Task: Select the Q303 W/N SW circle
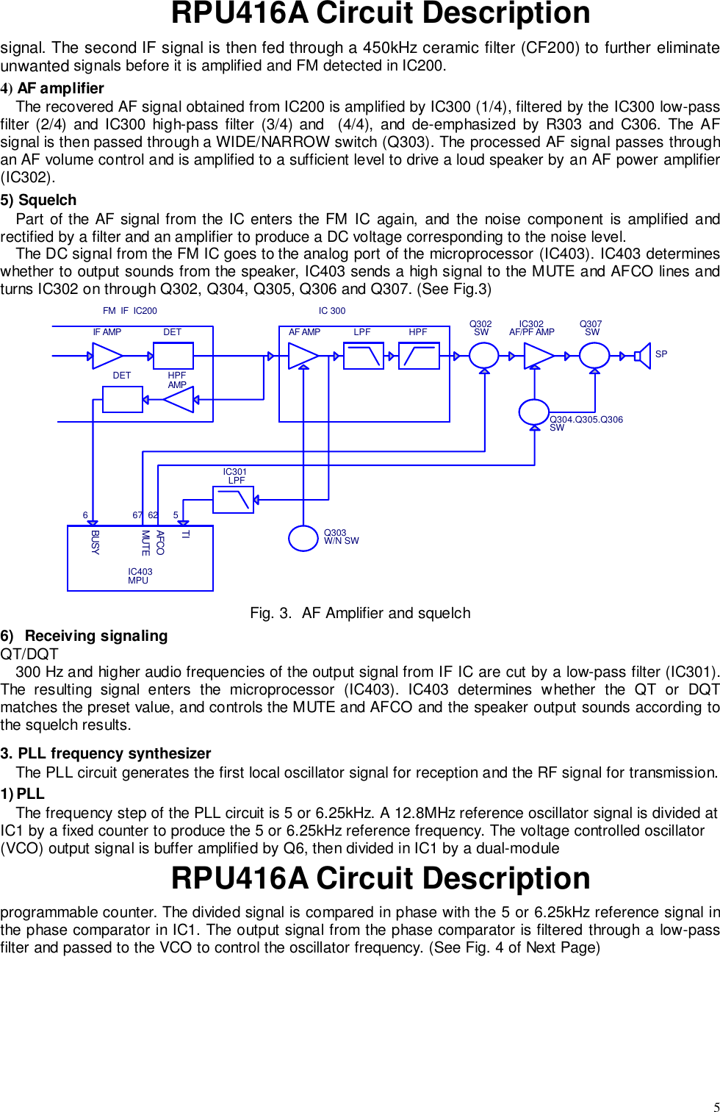pyautogui.click(x=303, y=538)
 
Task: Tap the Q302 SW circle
pyautogui.click(x=483, y=356)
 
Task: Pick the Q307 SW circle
pyautogui.click(x=594, y=356)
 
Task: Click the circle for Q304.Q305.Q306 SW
pyautogui.click(x=533, y=412)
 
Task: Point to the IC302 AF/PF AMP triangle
pyautogui.click(x=538, y=356)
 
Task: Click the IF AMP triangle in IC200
pyautogui.click(x=107, y=356)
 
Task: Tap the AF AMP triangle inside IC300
pyautogui.click(x=302, y=356)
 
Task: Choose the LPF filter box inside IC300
pyautogui.click(x=364, y=356)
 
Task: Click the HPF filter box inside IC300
pyautogui.click(x=419, y=356)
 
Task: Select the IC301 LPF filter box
pyautogui.click(x=233, y=500)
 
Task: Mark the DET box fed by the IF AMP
pyautogui.click(x=173, y=356)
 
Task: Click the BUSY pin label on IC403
pyautogui.click(x=95, y=542)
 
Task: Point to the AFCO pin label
pyautogui.click(x=160, y=542)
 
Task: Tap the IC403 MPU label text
pyautogui.click(x=140, y=576)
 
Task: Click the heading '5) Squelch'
pyautogui.click(x=39, y=200)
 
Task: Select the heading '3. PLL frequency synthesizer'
pyautogui.click(x=106, y=753)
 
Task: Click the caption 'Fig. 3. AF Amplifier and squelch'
pyautogui.click(x=360, y=613)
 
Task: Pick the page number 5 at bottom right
pyautogui.click(x=716, y=1107)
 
